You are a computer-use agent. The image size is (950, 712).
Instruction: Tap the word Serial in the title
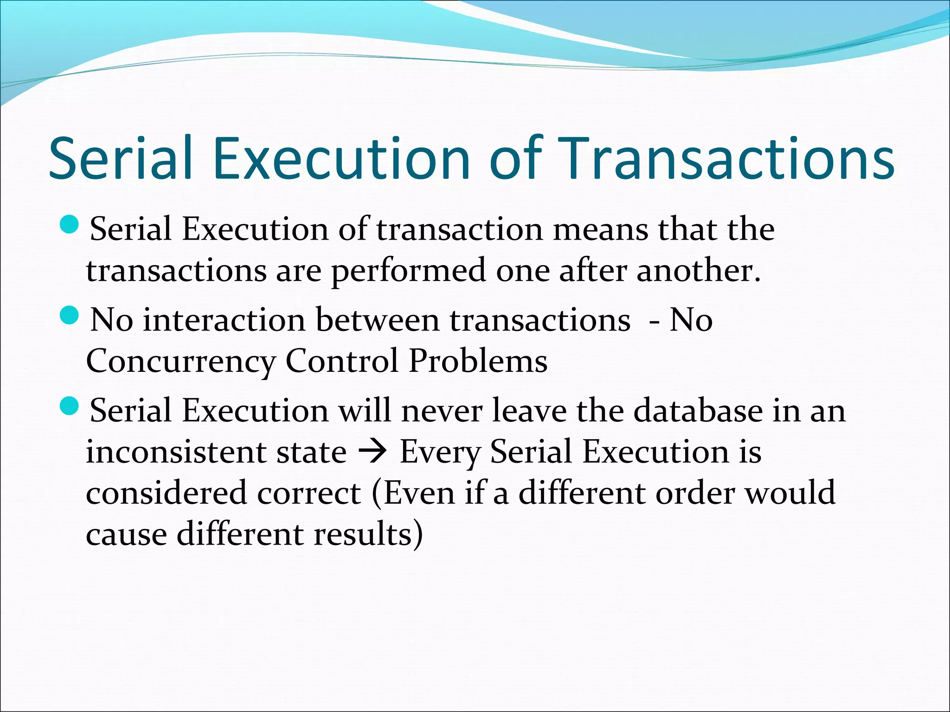pyautogui.click(x=120, y=159)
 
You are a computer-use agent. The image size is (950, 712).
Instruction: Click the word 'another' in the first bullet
pyautogui.click(x=698, y=271)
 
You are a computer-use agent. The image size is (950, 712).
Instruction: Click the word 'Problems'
pyautogui.click(x=478, y=362)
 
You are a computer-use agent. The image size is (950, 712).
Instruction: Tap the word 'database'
pyautogui.click(x=698, y=411)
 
